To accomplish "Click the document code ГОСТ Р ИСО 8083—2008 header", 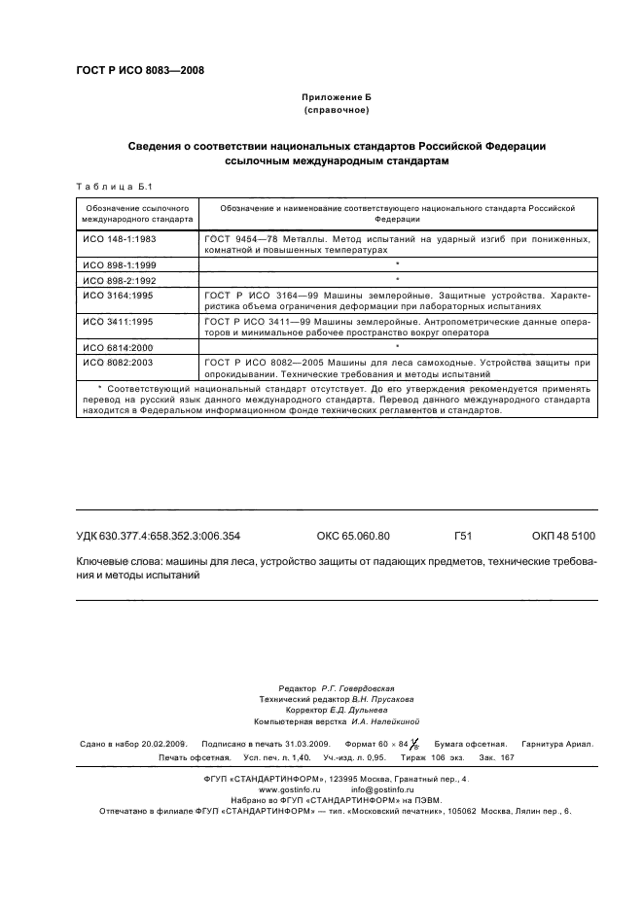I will pyautogui.click(x=139, y=70).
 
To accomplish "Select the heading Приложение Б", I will pyautogui.click(x=337, y=97).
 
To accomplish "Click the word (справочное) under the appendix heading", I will pyautogui.click(x=337, y=112).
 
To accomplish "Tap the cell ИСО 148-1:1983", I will pyautogui.click(x=120, y=238).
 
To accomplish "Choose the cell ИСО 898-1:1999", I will pyautogui.click(x=120, y=264).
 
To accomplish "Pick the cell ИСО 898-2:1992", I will pyautogui.click(x=120, y=279).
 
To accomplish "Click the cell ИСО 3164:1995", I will pyautogui.click(x=120, y=294).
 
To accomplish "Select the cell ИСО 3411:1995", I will pyautogui.click(x=120, y=320).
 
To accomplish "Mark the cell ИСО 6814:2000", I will pyautogui.click(x=120, y=346).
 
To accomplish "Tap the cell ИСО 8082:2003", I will pyautogui.click(x=120, y=362).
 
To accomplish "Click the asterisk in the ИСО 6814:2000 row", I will pyautogui.click(x=399, y=346).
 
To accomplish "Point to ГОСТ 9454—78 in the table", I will pyautogui.click(x=238, y=238).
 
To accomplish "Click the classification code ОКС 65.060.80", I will pyautogui.click(x=352, y=536).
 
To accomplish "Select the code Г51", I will pyautogui.click(x=462, y=536).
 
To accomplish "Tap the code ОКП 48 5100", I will pyautogui.click(x=563, y=536).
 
